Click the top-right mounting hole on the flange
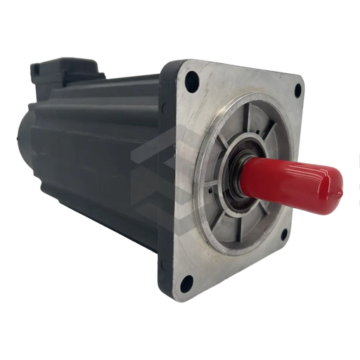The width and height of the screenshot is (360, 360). tap(298, 89)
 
